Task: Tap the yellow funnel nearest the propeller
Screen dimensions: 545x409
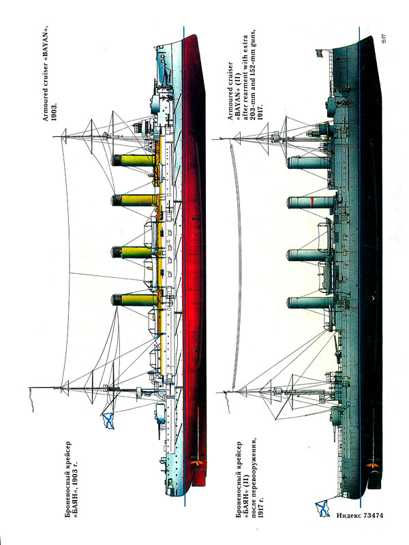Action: tap(133, 300)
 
